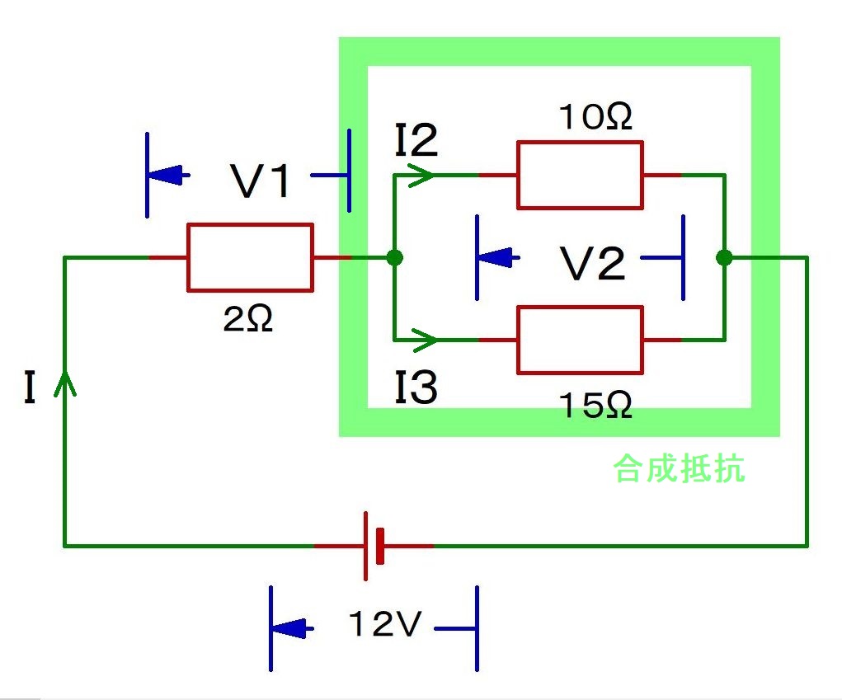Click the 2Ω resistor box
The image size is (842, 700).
[250, 257]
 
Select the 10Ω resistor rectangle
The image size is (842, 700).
[580, 175]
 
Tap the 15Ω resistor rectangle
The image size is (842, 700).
[580, 340]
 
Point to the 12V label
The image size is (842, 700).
[384, 626]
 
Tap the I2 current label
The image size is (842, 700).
[416, 142]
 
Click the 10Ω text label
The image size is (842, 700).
[596, 117]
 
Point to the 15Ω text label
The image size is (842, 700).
[596, 405]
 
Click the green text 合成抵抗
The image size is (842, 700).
[679, 469]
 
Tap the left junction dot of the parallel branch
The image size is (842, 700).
[395, 258]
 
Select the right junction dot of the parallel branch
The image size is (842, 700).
[724, 258]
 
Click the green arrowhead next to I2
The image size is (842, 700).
[422, 175]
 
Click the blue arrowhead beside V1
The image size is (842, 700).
[167, 175]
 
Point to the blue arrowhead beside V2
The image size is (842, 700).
[497, 257]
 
